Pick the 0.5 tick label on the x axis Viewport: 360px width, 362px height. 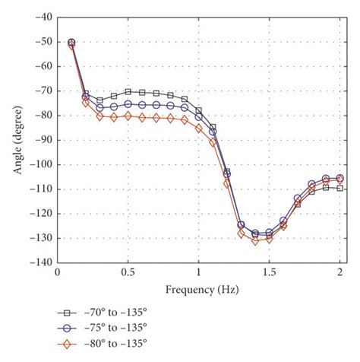tap(128, 272)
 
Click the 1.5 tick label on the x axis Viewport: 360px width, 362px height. tap(270, 272)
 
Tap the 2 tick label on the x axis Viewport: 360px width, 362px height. tap(340, 272)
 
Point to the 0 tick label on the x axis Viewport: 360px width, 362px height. tap(57, 272)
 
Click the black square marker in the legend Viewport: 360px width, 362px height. tap(66, 313)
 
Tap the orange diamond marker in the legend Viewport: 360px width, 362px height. tap(66, 343)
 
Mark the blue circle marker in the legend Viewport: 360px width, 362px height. tap(66, 328)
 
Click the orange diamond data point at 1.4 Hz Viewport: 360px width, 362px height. tap(255, 240)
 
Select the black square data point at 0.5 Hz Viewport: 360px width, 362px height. tap(128, 91)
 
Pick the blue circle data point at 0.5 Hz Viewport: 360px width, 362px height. tap(128, 103)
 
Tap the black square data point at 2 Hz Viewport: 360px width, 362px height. tap(340, 188)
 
